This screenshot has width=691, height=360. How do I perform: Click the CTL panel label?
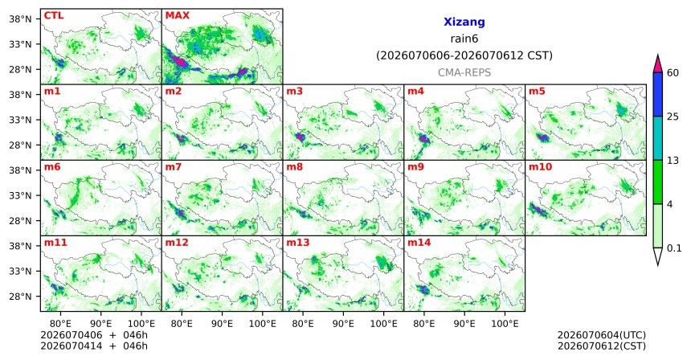coord(54,16)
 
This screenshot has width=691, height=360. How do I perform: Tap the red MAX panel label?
coord(177,16)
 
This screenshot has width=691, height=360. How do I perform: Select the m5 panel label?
coord(537,92)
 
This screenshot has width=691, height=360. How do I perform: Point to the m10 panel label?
coord(540,167)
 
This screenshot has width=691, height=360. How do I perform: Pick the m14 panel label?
coord(419,243)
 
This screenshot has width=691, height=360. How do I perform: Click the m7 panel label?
coord(174,167)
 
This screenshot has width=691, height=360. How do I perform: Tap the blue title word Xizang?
coord(464,22)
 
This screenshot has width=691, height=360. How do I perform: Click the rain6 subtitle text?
coord(464,39)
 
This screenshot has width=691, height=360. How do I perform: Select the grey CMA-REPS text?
coord(464,72)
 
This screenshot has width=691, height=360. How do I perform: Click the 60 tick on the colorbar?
coord(673,72)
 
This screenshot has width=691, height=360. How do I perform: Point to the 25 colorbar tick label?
coord(673,117)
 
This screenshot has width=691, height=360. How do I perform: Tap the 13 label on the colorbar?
coord(673,161)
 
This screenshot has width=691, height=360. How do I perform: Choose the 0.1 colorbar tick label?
coord(674,248)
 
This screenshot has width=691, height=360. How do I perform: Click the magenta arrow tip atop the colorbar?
coord(658,55)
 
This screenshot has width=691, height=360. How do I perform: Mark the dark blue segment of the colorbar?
coord(658,94)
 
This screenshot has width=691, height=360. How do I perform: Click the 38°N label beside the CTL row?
coord(20,19)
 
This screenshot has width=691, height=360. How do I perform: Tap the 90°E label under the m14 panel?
coord(464,324)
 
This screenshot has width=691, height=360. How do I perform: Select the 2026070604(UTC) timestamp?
coord(602,335)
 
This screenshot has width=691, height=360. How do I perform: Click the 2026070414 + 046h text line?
coord(94,346)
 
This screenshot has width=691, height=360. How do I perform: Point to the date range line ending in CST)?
coord(464,56)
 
